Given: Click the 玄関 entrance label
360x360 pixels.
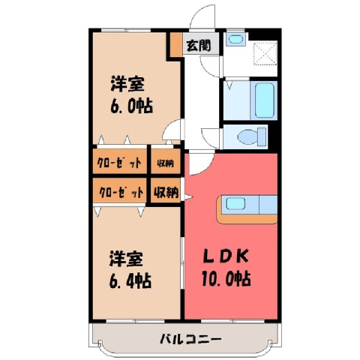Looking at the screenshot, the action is pos(199,46).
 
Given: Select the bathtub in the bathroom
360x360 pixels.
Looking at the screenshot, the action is pos(265,100).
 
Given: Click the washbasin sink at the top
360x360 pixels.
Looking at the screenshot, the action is pos(235,39).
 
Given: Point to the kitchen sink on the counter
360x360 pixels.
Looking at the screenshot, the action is pos(235,204).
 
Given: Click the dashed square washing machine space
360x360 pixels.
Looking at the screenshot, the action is pos(265,53).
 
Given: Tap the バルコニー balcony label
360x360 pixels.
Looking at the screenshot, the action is pos(190,339).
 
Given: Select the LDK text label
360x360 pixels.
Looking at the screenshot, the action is pos(226,256).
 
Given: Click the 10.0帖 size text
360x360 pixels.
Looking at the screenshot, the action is pos(226,278).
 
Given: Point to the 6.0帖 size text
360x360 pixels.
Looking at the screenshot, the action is pos(132,106).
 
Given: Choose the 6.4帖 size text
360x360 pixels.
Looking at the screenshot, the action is pos(130,280).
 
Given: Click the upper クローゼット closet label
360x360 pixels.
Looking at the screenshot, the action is pos(119,163).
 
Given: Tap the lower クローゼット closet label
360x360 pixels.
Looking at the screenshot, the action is pos(121,192).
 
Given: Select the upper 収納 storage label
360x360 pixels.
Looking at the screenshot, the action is pos(165,163).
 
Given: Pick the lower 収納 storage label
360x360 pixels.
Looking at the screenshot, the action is pos(166,193).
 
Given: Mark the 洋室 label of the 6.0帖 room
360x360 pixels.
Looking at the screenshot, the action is pos(127,84).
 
